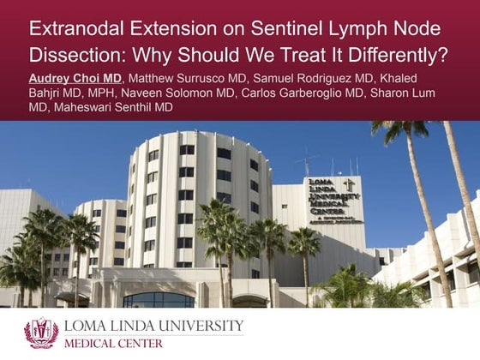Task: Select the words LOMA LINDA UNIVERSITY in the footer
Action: coord(154,327)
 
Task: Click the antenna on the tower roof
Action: coord(306,162)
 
